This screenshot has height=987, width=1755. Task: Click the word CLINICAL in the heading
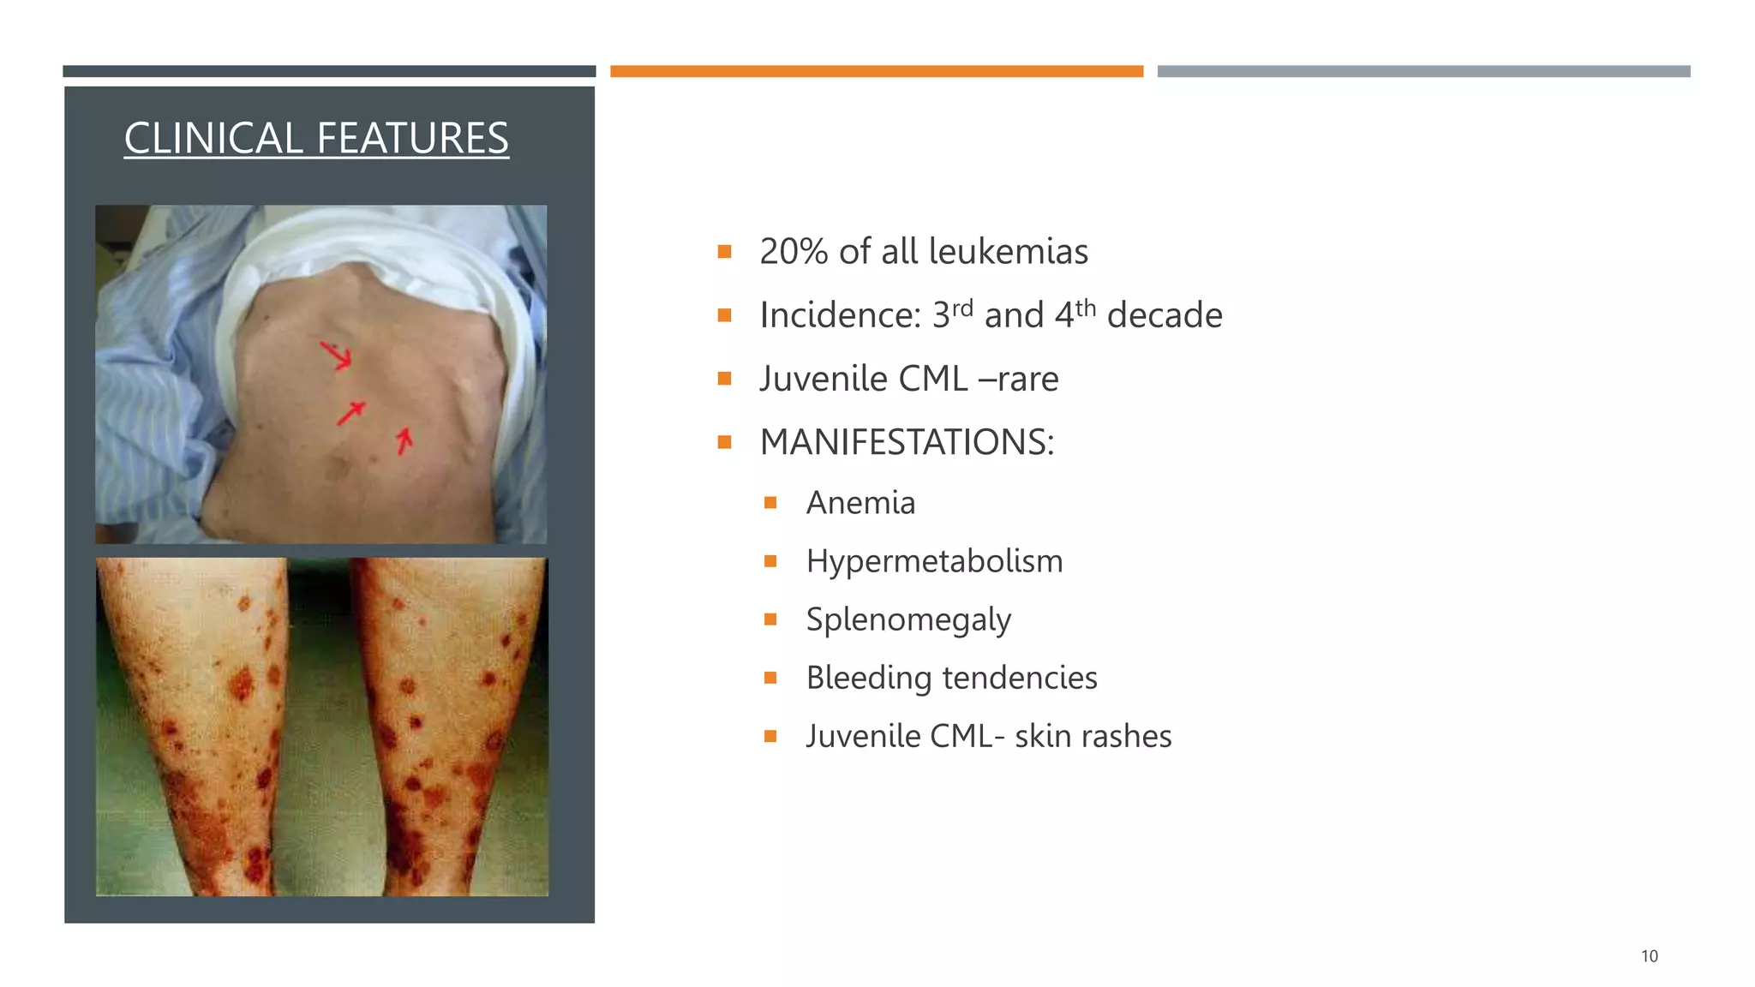click(x=213, y=138)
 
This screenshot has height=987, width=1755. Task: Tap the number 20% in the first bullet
click(x=794, y=252)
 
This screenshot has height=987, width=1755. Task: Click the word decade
click(x=1164, y=315)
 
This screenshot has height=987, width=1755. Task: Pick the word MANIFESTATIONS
click(x=907, y=442)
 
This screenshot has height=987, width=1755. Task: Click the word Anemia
click(x=860, y=503)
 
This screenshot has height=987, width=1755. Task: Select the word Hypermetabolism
click(x=934, y=561)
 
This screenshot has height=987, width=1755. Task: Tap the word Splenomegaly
click(x=908, y=620)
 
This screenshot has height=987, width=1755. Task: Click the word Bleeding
click(x=868, y=678)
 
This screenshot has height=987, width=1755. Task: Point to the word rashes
click(x=1129, y=736)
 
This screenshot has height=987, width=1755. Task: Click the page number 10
click(x=1649, y=956)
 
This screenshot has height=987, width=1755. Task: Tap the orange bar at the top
click(x=876, y=71)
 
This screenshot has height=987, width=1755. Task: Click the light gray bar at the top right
click(x=1423, y=71)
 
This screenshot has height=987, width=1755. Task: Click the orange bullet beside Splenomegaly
click(x=770, y=619)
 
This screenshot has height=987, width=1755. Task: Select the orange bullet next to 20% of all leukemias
click(x=724, y=252)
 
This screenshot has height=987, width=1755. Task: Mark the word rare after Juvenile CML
click(x=1027, y=379)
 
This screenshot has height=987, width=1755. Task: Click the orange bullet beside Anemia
click(x=770, y=503)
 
